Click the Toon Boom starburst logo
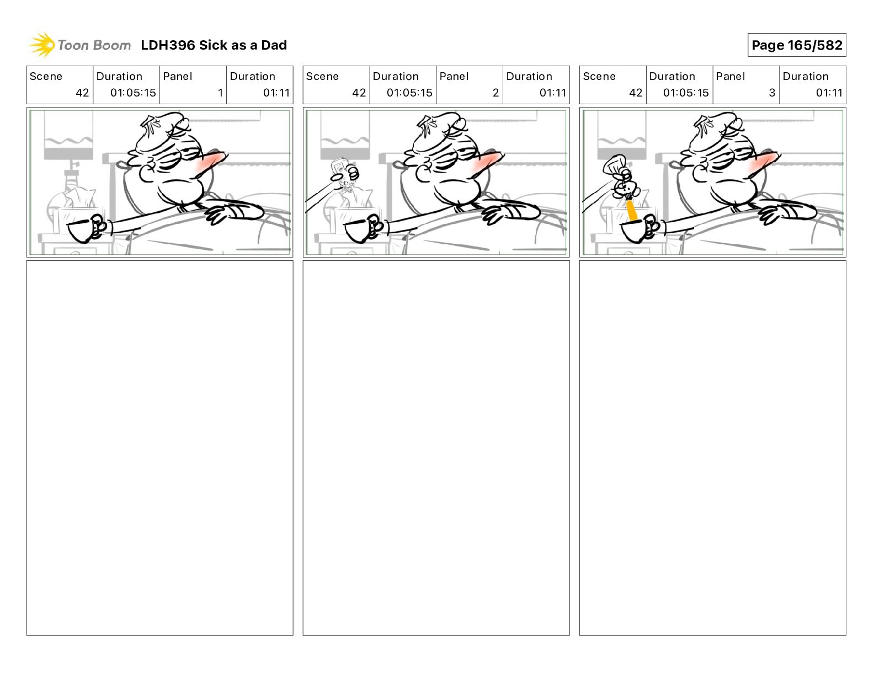pos(42,45)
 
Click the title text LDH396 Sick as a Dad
pos(214,45)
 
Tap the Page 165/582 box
pos(797,45)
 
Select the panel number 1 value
pos(220,93)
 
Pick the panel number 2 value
pos(495,93)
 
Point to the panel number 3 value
pos(772,93)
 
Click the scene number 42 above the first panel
pos(82,93)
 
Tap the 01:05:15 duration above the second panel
pos(409,93)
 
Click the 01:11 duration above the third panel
pos(829,93)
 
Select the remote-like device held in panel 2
pos(339,169)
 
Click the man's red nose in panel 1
pos(211,162)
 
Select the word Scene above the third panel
pos(599,77)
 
